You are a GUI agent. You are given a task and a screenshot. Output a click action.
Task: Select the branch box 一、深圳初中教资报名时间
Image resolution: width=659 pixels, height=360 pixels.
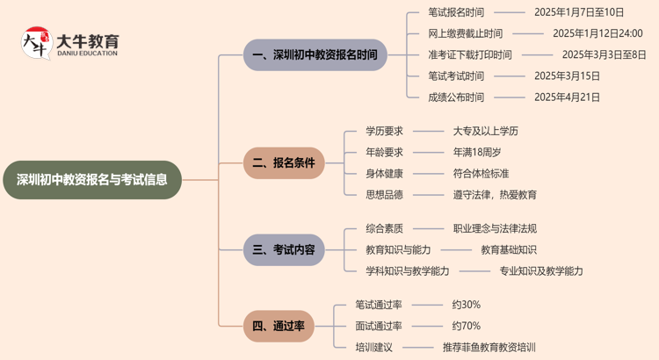pos(314,54)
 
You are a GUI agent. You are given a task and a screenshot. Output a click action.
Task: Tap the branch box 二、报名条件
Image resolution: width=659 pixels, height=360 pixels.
pos(283,162)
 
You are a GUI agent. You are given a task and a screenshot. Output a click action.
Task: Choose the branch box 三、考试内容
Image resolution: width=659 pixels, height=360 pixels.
pos(283,249)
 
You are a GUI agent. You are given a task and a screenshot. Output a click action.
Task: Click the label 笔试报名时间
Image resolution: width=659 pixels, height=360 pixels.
pos(455,12)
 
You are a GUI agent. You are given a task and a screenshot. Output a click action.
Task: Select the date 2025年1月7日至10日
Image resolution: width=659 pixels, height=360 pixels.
pos(579,12)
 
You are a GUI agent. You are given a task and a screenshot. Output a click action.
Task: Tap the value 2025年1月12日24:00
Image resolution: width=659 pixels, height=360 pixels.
pos(597,33)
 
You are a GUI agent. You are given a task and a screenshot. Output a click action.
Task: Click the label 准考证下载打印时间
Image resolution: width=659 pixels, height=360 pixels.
pos(470,54)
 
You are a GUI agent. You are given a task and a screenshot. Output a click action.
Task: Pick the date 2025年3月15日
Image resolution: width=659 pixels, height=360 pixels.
pos(568,76)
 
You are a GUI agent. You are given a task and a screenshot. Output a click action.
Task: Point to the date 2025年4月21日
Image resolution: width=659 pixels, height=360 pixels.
pos(568,97)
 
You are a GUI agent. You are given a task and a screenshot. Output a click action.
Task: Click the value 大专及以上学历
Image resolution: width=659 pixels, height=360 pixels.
pos(485,131)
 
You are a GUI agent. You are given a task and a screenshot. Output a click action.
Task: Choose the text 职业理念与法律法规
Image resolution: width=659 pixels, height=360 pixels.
pos(495,228)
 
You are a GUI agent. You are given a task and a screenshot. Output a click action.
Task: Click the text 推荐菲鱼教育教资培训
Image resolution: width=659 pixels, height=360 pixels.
pos(489,347)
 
